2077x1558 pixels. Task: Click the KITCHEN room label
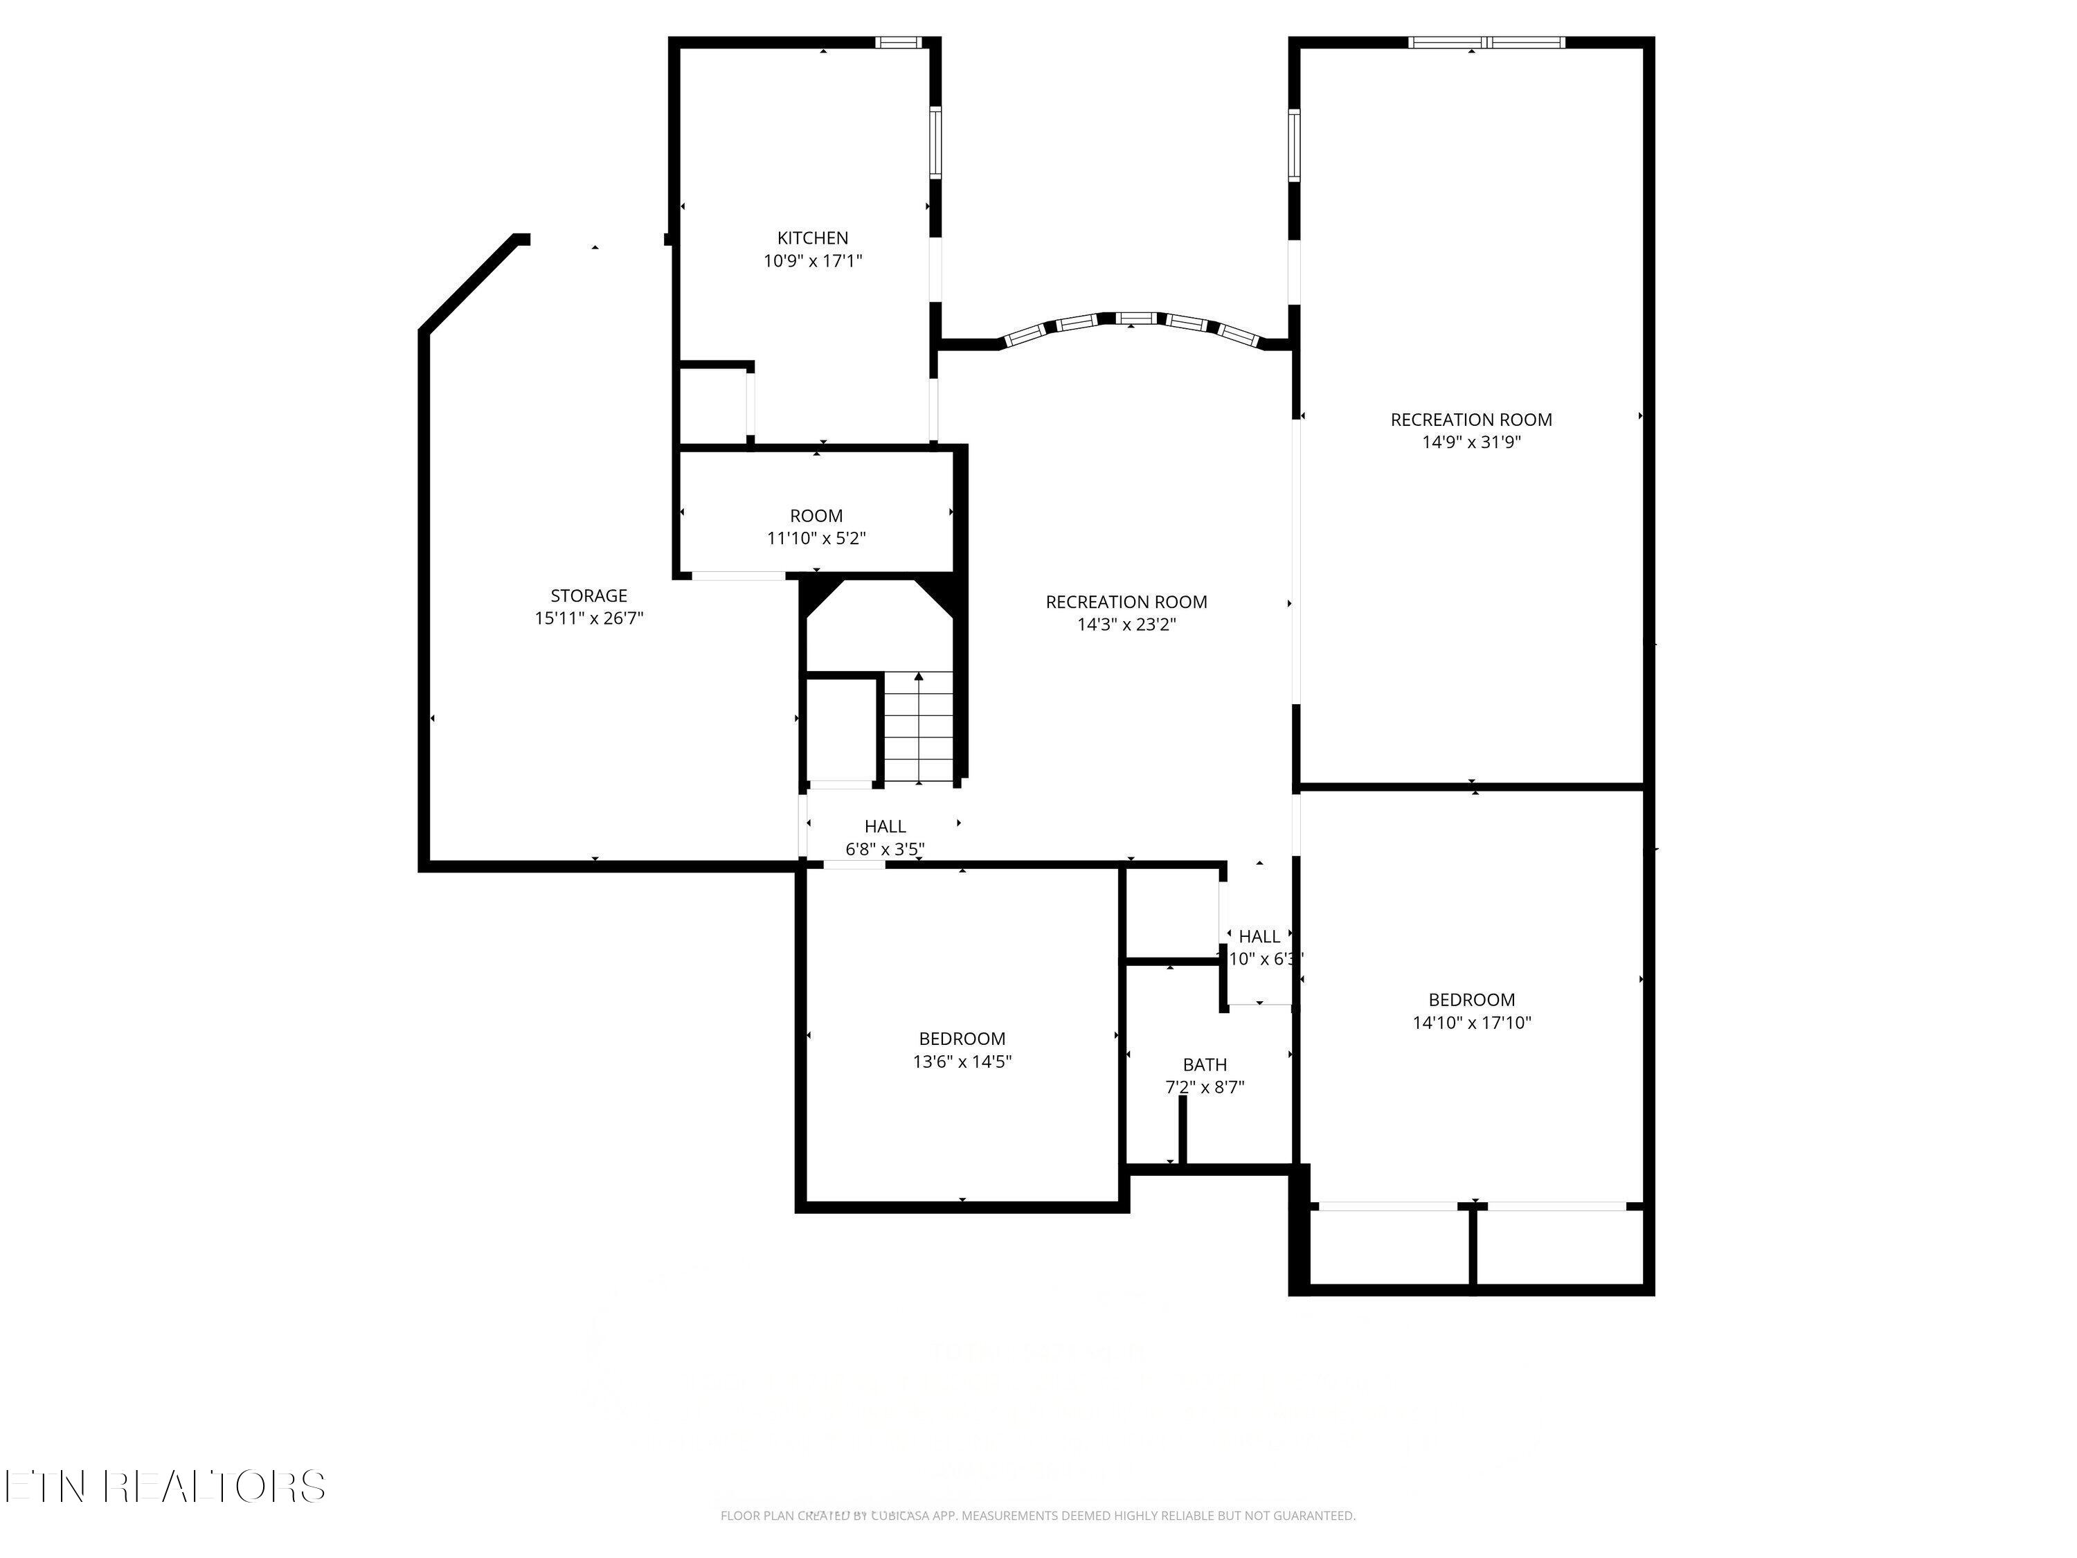click(812, 238)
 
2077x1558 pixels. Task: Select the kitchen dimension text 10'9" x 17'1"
click(812, 261)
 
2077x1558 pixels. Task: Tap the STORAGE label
click(588, 596)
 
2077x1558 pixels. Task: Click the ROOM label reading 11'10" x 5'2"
click(816, 516)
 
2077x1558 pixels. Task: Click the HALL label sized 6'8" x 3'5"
click(885, 826)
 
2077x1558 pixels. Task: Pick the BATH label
click(1205, 1064)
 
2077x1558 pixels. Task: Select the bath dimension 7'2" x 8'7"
click(1205, 1088)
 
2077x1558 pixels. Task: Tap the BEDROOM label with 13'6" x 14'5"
click(962, 1039)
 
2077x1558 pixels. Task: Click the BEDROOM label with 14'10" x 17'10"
click(1471, 1000)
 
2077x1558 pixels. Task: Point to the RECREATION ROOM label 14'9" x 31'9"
click(1471, 420)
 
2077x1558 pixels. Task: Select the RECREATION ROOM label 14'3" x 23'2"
click(1126, 602)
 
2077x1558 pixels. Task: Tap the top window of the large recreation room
click(1487, 42)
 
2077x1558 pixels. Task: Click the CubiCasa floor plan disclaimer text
click(1038, 1515)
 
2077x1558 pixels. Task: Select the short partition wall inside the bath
click(1183, 1131)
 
